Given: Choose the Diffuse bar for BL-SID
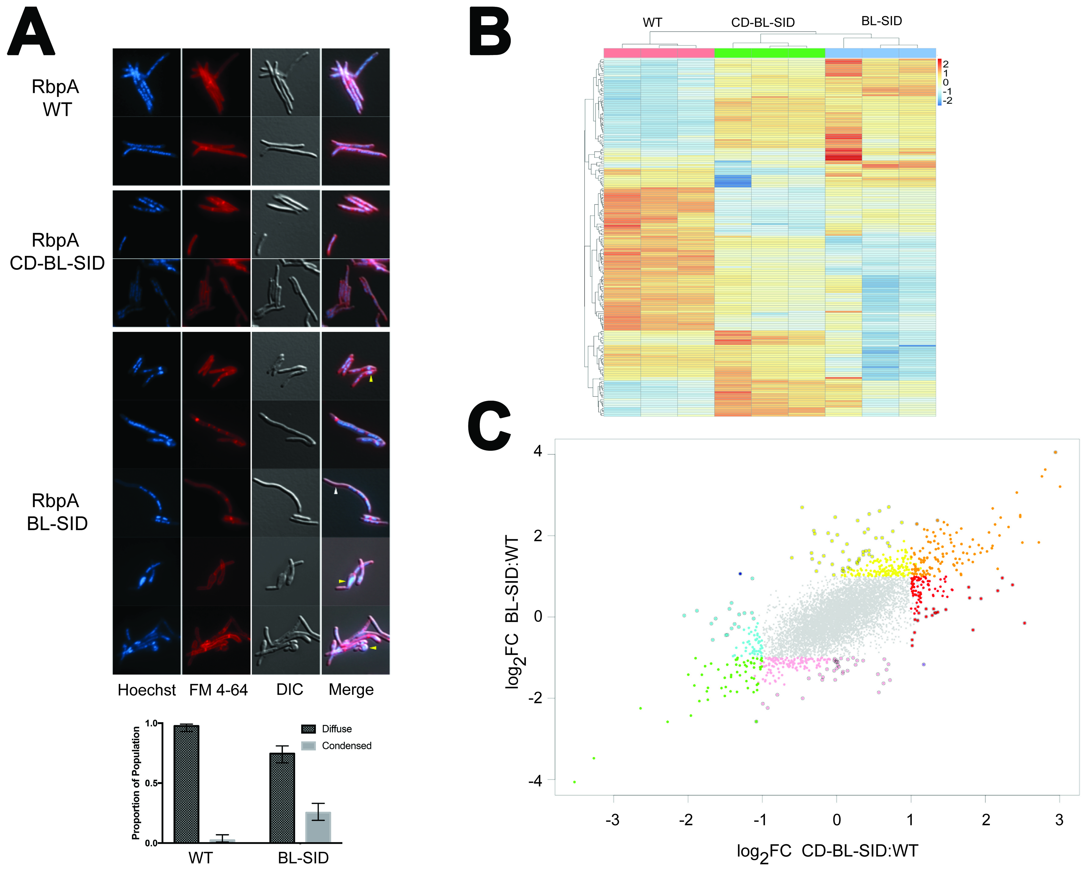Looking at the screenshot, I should (x=282, y=798).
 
